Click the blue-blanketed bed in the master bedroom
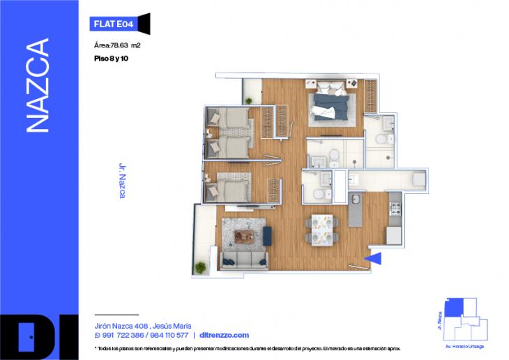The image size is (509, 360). click(x=332, y=103)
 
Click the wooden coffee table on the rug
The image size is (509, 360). click(x=245, y=235)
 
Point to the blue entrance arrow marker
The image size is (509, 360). click(x=373, y=260)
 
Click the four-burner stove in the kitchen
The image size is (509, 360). click(x=395, y=207)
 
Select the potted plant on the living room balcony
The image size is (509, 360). click(x=202, y=267)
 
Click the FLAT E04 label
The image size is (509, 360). click(x=112, y=24)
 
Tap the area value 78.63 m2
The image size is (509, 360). click(x=118, y=45)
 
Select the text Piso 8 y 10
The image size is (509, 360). click(x=111, y=59)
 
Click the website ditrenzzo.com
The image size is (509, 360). click(x=224, y=335)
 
